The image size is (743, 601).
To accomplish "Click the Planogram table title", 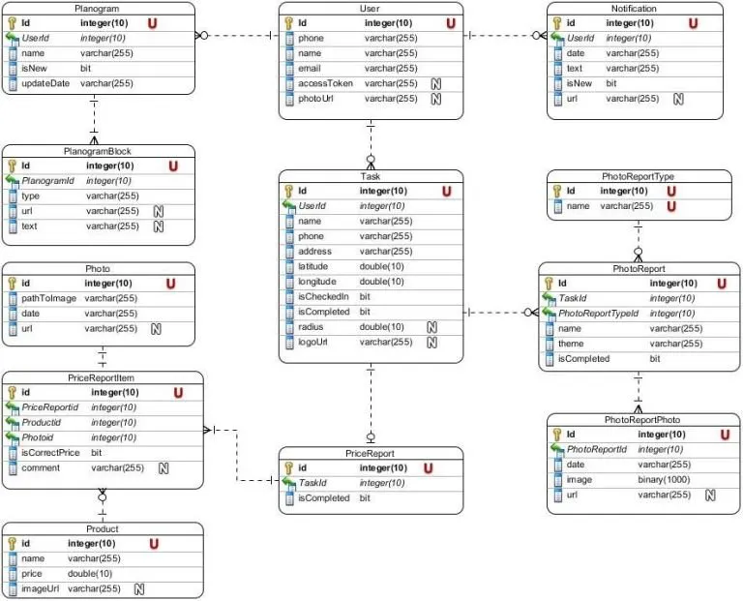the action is click(97, 9).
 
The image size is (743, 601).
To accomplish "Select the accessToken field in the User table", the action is click(325, 83).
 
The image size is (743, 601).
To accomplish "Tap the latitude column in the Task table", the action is click(312, 266).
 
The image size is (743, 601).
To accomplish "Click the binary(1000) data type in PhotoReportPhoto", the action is click(664, 480).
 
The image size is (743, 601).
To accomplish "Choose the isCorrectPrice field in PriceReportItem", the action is click(50, 453).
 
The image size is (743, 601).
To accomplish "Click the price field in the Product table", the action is click(32, 574).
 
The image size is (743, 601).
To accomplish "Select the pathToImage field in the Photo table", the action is click(48, 298).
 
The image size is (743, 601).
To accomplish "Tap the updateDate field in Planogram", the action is click(45, 83).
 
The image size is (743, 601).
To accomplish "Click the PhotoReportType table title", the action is click(638, 176).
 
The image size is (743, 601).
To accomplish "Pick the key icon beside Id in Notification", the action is click(557, 23).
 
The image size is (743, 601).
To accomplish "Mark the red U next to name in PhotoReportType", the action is click(671, 206).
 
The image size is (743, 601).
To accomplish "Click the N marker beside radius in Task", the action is click(431, 327).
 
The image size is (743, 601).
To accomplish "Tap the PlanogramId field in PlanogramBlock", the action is click(47, 181).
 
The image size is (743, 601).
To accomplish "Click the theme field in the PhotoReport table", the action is click(571, 344).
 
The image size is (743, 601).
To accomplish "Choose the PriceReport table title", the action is click(370, 454).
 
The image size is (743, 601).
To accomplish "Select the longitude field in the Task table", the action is click(317, 282).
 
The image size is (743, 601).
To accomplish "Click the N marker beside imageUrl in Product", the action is click(139, 589).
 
